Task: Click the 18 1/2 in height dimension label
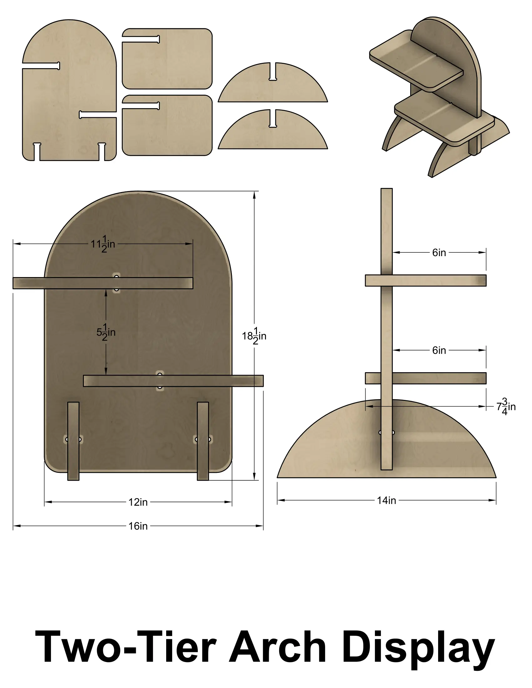tap(254, 336)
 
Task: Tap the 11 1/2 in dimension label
tap(103, 244)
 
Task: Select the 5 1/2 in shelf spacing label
tap(106, 332)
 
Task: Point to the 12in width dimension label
tap(138, 502)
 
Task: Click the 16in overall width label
tap(138, 526)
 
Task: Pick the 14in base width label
tap(386, 500)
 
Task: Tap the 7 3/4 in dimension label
tap(506, 406)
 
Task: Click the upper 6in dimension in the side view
tap(439, 253)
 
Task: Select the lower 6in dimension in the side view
tap(439, 350)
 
